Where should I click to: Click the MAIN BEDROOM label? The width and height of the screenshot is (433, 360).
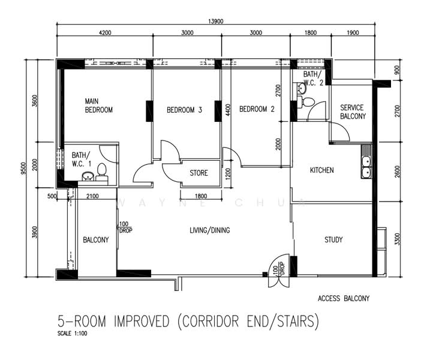pyautogui.click(x=98, y=106)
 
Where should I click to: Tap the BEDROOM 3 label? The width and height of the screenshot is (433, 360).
pyautogui.click(x=184, y=110)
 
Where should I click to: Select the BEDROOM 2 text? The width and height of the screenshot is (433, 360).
pyautogui.click(x=257, y=109)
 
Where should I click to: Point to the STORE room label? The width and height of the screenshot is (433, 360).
pyautogui.click(x=199, y=173)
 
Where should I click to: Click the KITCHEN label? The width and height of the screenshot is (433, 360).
pyautogui.click(x=321, y=170)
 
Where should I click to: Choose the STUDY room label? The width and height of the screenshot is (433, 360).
pyautogui.click(x=333, y=240)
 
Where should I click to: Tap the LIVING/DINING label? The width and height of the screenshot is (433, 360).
pyautogui.click(x=210, y=230)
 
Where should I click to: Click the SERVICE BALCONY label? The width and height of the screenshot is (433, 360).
pyautogui.click(x=352, y=112)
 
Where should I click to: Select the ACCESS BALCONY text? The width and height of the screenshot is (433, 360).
pyautogui.click(x=344, y=298)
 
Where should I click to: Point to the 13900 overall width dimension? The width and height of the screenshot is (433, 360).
pyautogui.click(x=216, y=21)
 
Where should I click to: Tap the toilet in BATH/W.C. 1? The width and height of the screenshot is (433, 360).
pyautogui.click(x=102, y=170)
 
